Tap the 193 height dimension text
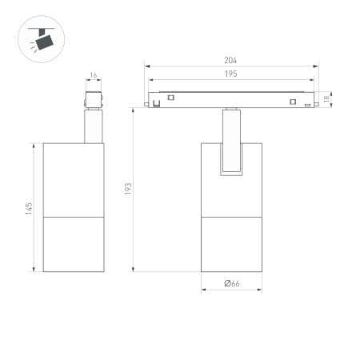pos(128,189)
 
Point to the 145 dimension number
pos(29,207)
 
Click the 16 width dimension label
pos(93,76)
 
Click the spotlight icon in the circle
pos(40,37)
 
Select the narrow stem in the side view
pos(93,126)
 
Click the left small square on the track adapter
pos(170,99)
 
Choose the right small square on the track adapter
pos(293,101)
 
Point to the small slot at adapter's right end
pos(307,106)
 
